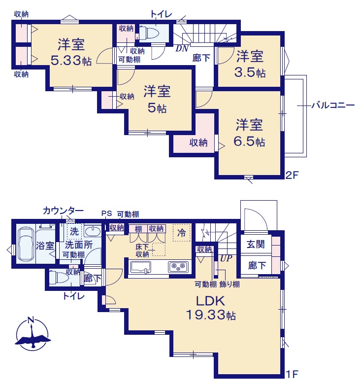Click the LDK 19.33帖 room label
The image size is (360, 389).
(211, 308)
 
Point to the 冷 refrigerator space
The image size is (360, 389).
(182, 233)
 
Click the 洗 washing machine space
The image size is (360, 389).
(74, 231)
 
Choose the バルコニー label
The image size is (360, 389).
(333, 106)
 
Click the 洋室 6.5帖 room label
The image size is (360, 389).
(249, 133)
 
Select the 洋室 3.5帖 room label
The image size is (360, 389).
(250, 64)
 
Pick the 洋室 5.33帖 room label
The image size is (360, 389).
(71, 52)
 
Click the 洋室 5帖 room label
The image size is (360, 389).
(157, 100)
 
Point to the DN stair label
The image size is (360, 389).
(182, 49)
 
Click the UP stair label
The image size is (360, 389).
(226, 258)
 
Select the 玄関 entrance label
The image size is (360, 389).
(256, 244)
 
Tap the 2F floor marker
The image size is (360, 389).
(292, 176)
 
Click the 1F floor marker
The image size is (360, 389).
(292, 374)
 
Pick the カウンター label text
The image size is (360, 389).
(63, 211)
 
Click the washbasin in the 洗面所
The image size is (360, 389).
(93, 231)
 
